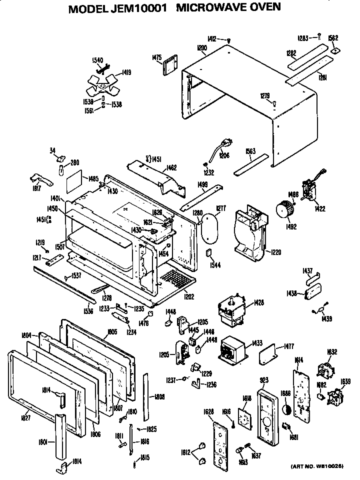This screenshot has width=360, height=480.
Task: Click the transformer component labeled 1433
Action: point(232,347)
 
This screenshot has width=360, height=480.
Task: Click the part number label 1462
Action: point(171,168)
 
